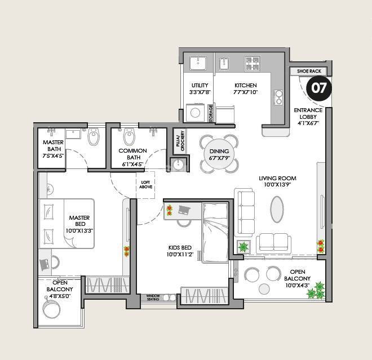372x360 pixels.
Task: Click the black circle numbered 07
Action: click(x=319, y=88)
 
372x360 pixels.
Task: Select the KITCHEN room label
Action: click(x=246, y=88)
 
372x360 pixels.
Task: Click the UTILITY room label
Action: click(x=200, y=88)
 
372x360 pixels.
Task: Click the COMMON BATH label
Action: click(x=132, y=154)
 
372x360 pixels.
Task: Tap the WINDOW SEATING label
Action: click(x=153, y=297)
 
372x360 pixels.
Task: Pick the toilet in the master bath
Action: click(x=94, y=137)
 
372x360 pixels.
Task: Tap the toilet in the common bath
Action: click(x=129, y=136)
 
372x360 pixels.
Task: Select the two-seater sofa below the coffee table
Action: click(x=274, y=242)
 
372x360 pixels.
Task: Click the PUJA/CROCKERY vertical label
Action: click(x=178, y=141)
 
